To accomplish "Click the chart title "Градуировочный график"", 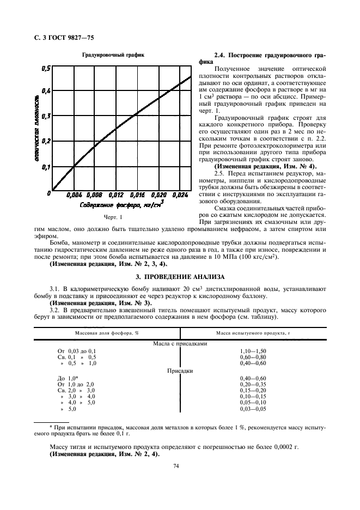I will pyautogui.click(x=113, y=55).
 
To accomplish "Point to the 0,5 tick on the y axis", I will pyautogui.click(x=45, y=68).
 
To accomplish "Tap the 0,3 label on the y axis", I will pyautogui.click(x=45, y=116).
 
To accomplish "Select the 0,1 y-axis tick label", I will pyautogui.click(x=45, y=167).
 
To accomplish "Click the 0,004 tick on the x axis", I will pyautogui.click(x=74, y=194).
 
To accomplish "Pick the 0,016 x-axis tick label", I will pyautogui.click(x=137, y=194).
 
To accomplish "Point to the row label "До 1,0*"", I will pyautogui.click(x=69, y=378).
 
